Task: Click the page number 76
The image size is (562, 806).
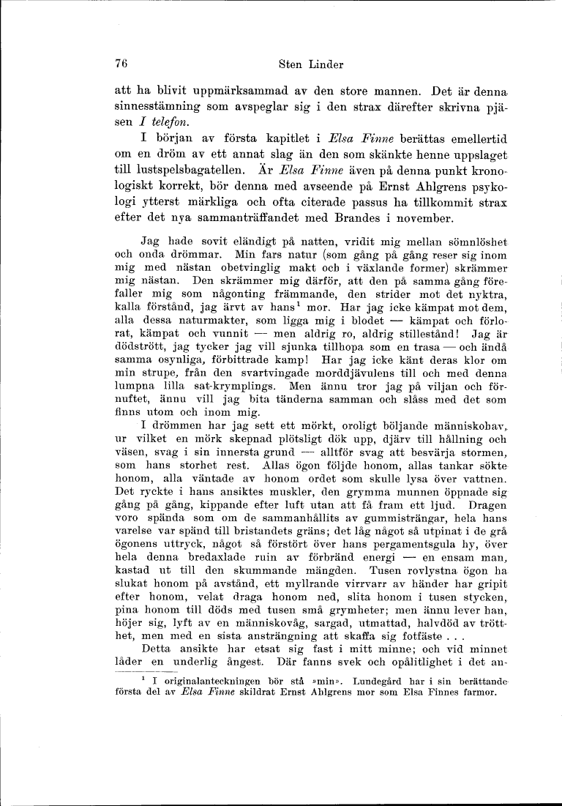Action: (122, 64)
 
